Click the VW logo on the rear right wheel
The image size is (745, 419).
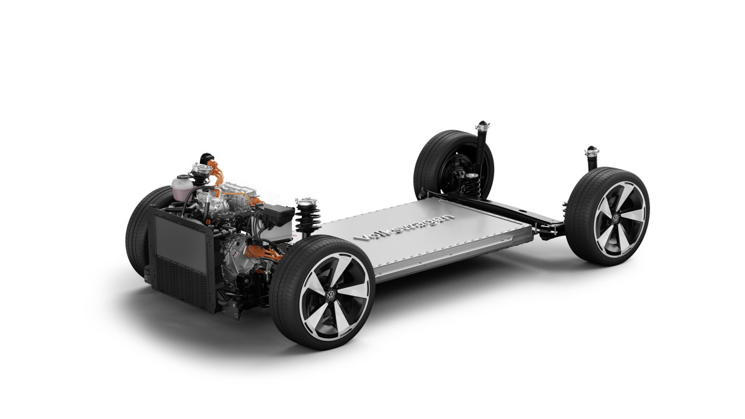point(616,218)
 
